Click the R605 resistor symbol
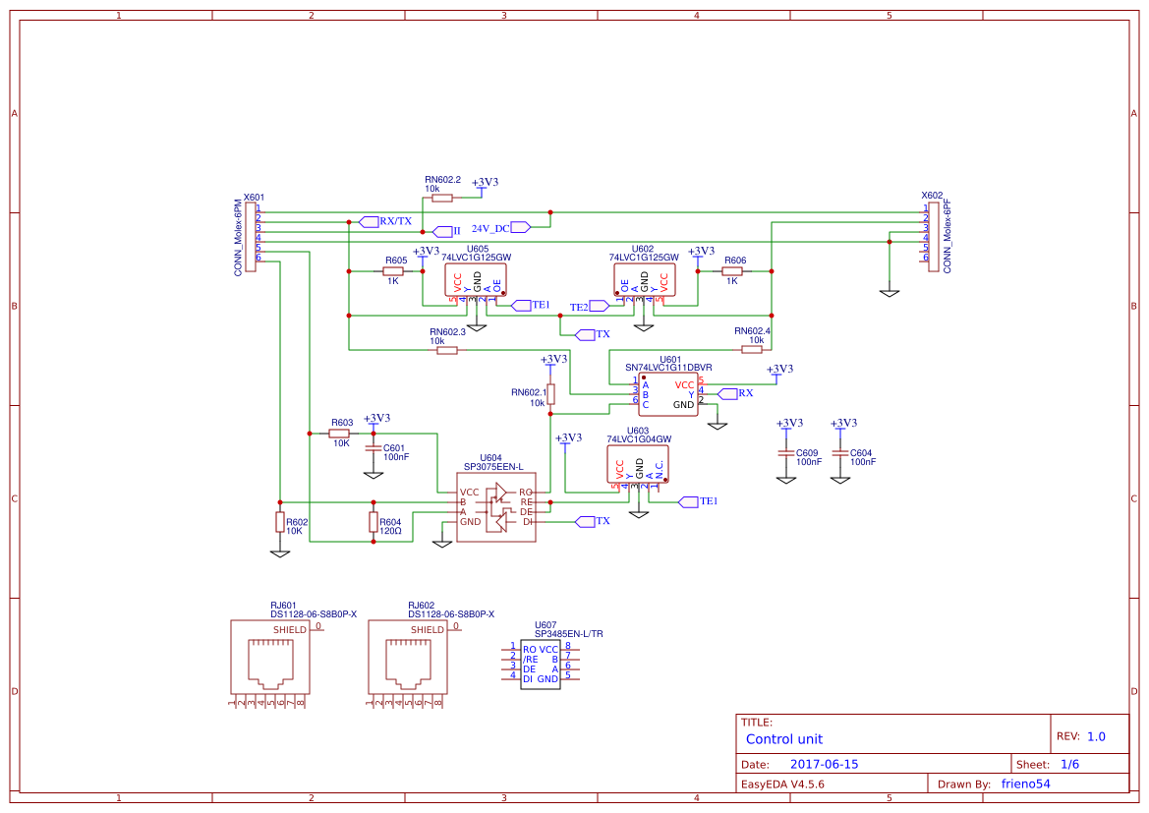(x=394, y=271)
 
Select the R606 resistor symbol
(x=732, y=271)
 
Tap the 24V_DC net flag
(x=521, y=227)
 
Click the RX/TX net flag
(x=369, y=221)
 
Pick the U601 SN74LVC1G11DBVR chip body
(x=667, y=394)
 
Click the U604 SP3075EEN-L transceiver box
(x=495, y=506)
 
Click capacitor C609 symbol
(x=785, y=453)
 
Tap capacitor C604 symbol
(x=839, y=453)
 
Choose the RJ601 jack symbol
(x=268, y=657)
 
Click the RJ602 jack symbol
(x=406, y=657)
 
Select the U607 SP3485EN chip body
(x=540, y=664)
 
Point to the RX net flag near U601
(x=728, y=393)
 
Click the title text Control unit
(x=783, y=739)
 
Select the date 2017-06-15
(x=824, y=764)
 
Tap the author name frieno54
(x=1025, y=784)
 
